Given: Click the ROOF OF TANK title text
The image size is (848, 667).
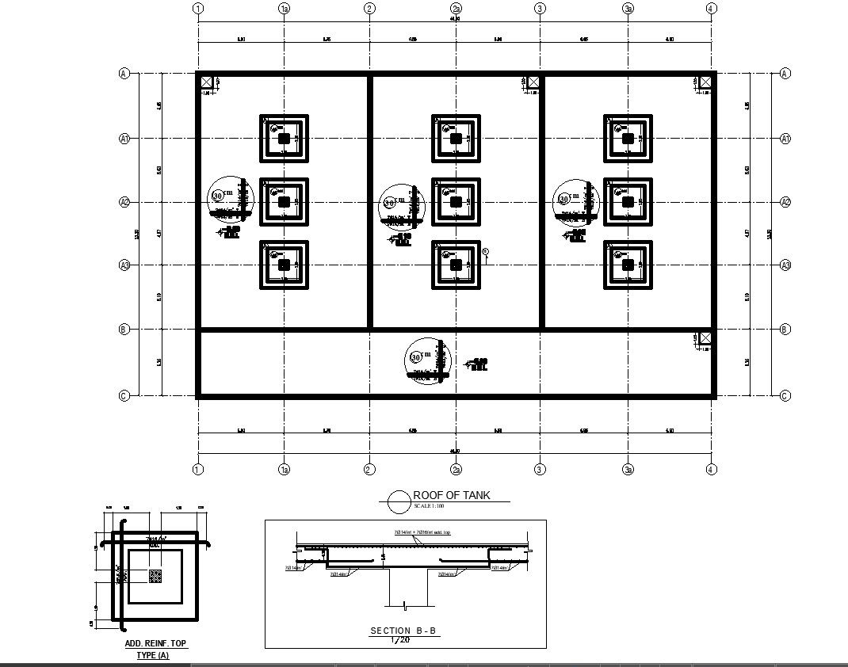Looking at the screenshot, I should [x=452, y=495].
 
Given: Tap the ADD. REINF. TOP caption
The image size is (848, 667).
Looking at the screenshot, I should [x=155, y=644].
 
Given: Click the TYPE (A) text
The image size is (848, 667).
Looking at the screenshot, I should [x=153, y=656].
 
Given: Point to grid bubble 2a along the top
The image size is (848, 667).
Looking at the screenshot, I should [x=456, y=9].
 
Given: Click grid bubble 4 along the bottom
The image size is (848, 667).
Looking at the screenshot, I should [x=711, y=470].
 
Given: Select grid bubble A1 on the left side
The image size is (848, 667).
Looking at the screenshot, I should [x=124, y=139].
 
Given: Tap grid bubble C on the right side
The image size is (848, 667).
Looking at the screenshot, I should [x=785, y=395].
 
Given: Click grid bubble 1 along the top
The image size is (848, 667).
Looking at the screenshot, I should [x=198, y=9].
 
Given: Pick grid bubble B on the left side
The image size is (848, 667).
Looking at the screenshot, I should [x=124, y=329].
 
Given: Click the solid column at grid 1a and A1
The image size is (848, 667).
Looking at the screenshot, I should [x=284, y=139].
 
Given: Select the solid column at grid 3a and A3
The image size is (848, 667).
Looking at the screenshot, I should [x=628, y=265].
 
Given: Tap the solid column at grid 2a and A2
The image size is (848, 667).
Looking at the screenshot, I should [x=456, y=202].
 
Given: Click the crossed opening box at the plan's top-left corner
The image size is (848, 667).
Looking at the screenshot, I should [x=206, y=82].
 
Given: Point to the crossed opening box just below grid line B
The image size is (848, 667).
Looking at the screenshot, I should [x=705, y=338].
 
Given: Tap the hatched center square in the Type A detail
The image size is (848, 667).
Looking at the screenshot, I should [x=155, y=577].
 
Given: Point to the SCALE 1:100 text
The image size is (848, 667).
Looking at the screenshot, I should [x=432, y=505].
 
